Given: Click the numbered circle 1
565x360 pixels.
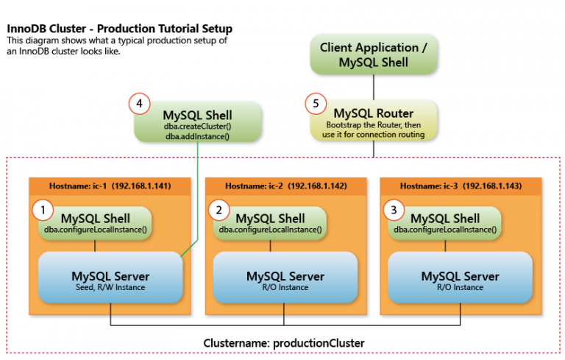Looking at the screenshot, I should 43,211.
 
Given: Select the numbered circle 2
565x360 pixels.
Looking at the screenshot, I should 218,211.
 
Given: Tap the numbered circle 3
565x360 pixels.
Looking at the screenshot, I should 393,211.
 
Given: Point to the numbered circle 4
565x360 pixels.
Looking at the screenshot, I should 140,104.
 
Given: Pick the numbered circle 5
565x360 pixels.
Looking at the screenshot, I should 316,104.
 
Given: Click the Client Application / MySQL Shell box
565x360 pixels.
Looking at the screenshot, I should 374,55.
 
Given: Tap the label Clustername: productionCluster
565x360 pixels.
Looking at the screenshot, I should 283,343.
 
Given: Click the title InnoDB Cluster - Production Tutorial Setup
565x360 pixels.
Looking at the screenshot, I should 119,29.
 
